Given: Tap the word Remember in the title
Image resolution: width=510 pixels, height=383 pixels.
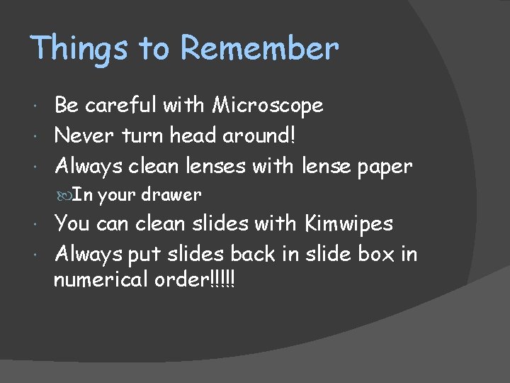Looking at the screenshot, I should tap(260, 49).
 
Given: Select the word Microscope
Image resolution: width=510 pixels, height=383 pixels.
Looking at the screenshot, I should tap(268, 106).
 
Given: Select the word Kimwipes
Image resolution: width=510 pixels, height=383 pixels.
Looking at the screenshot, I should tap(348, 223).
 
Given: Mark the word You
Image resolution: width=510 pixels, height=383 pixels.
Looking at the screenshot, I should tap(72, 223).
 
